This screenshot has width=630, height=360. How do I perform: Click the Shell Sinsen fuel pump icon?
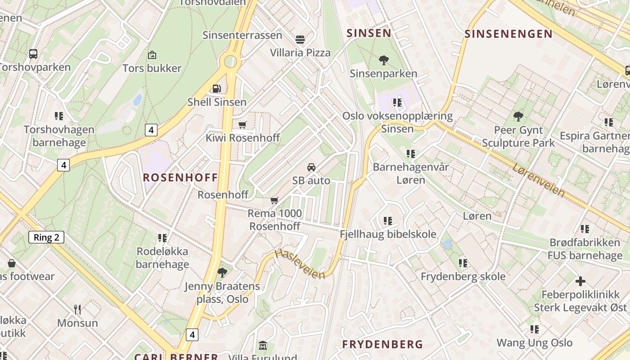[x=217, y=88]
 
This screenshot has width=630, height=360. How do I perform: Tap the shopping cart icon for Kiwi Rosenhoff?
[x=243, y=124]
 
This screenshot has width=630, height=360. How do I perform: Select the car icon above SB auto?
[x=311, y=167]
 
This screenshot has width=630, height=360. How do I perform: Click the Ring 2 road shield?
[x=46, y=237]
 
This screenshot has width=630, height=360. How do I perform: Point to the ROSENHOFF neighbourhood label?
[x=180, y=177]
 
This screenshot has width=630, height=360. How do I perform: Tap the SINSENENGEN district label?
[x=508, y=34]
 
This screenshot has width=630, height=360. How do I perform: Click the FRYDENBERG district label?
[x=382, y=344]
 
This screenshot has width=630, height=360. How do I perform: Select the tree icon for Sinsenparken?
[x=383, y=60]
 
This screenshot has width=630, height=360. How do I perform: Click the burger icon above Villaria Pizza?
[x=300, y=39]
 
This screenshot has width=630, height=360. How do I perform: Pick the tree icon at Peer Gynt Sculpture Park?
[x=518, y=117]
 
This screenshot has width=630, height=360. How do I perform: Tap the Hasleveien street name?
[x=300, y=264]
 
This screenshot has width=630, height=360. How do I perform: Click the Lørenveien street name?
[x=539, y=180]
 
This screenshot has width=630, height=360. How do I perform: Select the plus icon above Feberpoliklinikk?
[x=580, y=281]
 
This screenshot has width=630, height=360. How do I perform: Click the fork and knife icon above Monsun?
[x=77, y=309]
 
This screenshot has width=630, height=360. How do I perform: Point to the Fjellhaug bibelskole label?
[x=388, y=234]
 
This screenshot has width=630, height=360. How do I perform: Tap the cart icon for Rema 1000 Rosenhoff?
[x=274, y=200]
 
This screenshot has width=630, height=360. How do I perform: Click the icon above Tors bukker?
[x=152, y=55]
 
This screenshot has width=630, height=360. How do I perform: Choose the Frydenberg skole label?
[x=463, y=276]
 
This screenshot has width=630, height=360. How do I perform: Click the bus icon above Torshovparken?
[x=33, y=54]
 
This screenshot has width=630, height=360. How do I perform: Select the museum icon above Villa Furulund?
[x=263, y=345]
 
